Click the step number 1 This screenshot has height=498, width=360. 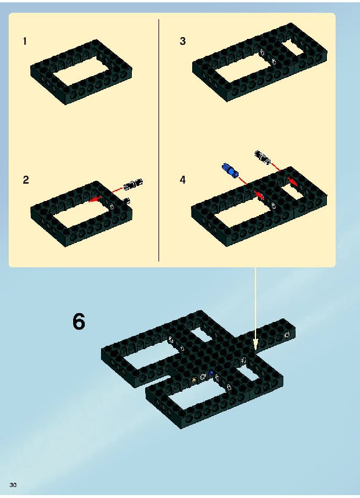click(x=25, y=41)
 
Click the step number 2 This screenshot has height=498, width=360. click(x=26, y=180)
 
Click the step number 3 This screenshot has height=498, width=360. click(x=182, y=41)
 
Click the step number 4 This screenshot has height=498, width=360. click(x=182, y=180)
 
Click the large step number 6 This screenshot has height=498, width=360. click(x=79, y=321)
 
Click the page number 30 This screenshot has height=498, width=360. click(x=13, y=485)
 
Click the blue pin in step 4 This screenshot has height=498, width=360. click(x=230, y=170)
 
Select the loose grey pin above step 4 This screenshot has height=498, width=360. click(x=263, y=157)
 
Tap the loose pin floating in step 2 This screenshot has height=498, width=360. click(x=133, y=184)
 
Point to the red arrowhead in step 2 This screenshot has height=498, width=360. click(x=94, y=199)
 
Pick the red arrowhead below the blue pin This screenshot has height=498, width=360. click(x=259, y=194)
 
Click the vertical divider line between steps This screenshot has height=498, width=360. click(x=159, y=140)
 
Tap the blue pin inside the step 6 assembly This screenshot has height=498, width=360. click(x=211, y=373)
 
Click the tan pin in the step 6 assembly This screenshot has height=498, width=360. click(x=195, y=379)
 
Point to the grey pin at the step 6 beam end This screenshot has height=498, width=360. click(x=287, y=334)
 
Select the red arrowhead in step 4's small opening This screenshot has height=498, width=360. click(x=293, y=182)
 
